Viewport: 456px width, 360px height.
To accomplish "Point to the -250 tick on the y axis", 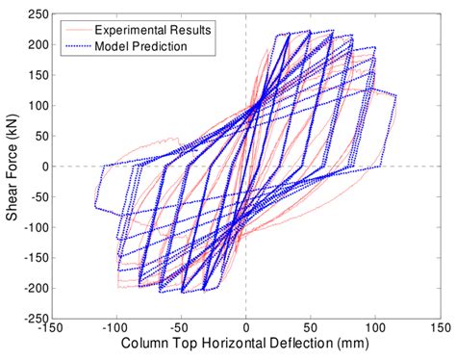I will [x=37, y=318].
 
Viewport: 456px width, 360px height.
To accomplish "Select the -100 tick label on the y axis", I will [x=37, y=227].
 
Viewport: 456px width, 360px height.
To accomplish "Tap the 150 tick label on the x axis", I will [x=439, y=329].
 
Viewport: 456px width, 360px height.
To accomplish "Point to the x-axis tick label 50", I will [x=310, y=329].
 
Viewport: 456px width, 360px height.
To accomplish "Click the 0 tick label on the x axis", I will [x=246, y=329].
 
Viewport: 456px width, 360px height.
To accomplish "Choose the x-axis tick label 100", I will [x=374, y=329].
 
